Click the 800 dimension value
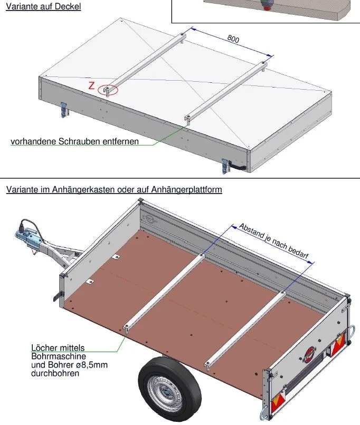click(233, 38)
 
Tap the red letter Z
click(91, 86)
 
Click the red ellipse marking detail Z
click(108, 90)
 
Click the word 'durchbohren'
click(55, 373)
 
